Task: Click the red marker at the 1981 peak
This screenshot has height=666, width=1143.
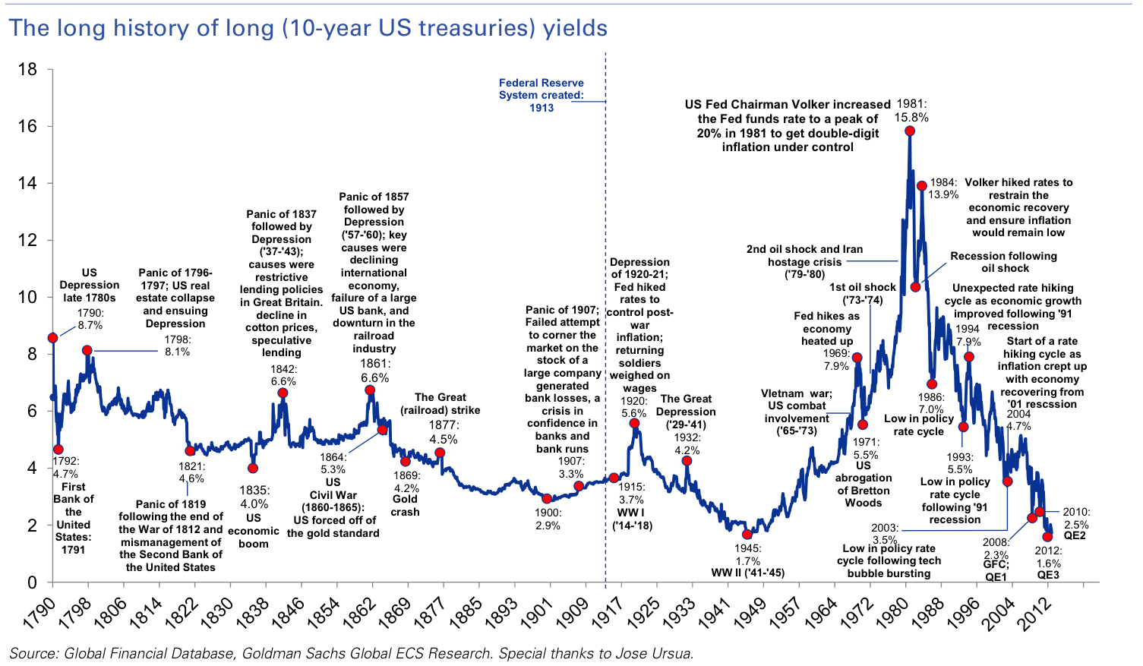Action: click(910, 131)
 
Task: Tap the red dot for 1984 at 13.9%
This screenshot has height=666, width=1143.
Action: click(921, 185)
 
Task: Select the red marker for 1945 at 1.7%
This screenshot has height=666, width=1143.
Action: click(747, 535)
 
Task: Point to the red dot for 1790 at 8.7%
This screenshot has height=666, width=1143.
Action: click(52, 338)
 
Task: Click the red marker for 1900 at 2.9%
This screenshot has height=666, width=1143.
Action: click(547, 499)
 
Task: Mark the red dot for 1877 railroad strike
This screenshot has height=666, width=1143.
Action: click(440, 453)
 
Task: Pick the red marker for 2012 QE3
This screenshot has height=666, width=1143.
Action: click(1047, 537)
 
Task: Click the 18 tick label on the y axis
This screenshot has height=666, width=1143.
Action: click(27, 70)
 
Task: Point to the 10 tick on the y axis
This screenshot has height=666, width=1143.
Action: click(27, 298)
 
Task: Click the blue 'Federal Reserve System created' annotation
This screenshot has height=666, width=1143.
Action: click(541, 95)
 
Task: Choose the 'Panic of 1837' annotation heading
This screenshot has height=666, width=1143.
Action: click(281, 214)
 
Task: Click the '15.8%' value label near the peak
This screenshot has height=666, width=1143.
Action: click(911, 117)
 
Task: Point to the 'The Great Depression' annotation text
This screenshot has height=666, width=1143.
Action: click(686, 405)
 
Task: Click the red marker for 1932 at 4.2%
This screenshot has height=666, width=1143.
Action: click(687, 461)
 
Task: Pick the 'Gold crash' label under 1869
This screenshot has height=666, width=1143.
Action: click(405, 505)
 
